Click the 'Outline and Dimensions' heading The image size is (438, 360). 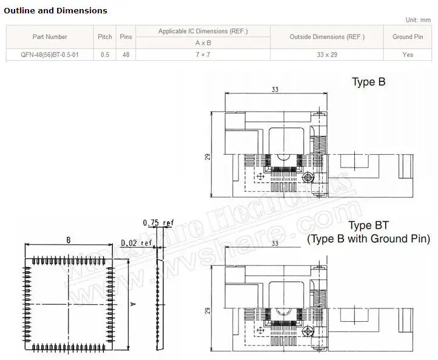56,10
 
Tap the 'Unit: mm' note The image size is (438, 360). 419,20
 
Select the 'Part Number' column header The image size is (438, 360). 50,37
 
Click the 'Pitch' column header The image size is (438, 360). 105,37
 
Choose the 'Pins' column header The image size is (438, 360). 126,37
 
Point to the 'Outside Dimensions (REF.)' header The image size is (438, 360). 327,37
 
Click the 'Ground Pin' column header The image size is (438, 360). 408,37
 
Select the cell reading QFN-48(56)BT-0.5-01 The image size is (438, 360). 50,55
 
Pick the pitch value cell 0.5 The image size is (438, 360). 105,55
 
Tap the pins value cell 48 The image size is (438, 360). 126,55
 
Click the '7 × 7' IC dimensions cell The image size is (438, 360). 203,55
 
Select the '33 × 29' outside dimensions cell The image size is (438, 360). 327,55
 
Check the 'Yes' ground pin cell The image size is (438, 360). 408,55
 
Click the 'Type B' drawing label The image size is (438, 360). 368,83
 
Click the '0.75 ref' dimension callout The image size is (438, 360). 158,223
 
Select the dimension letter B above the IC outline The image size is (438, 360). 69,240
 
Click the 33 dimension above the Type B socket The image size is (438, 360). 275,90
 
